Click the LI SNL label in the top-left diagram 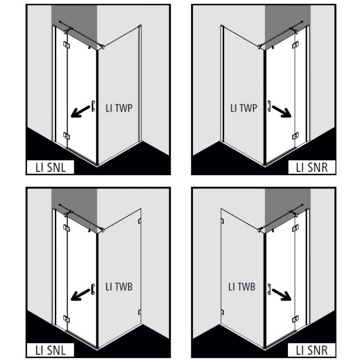coord(50,167)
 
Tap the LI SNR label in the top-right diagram coord(311,167)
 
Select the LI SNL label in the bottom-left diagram coord(50,351)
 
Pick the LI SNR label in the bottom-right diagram coord(311,351)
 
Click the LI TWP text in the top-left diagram coord(119,108)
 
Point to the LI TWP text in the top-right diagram coord(243,108)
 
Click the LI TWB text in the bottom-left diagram coord(119,287)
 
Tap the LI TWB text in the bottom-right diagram coord(242,287)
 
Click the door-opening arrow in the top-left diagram coord(81,111)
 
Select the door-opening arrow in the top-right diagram coord(282,111)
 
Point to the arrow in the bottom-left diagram coord(81,294)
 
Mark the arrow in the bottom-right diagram coord(282,294)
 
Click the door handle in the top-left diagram coord(93,106)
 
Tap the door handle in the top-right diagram coord(269,106)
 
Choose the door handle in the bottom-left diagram coord(93,289)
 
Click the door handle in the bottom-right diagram coord(269,289)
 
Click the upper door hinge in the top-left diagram coord(67,45)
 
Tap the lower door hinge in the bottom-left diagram coord(67,319)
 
